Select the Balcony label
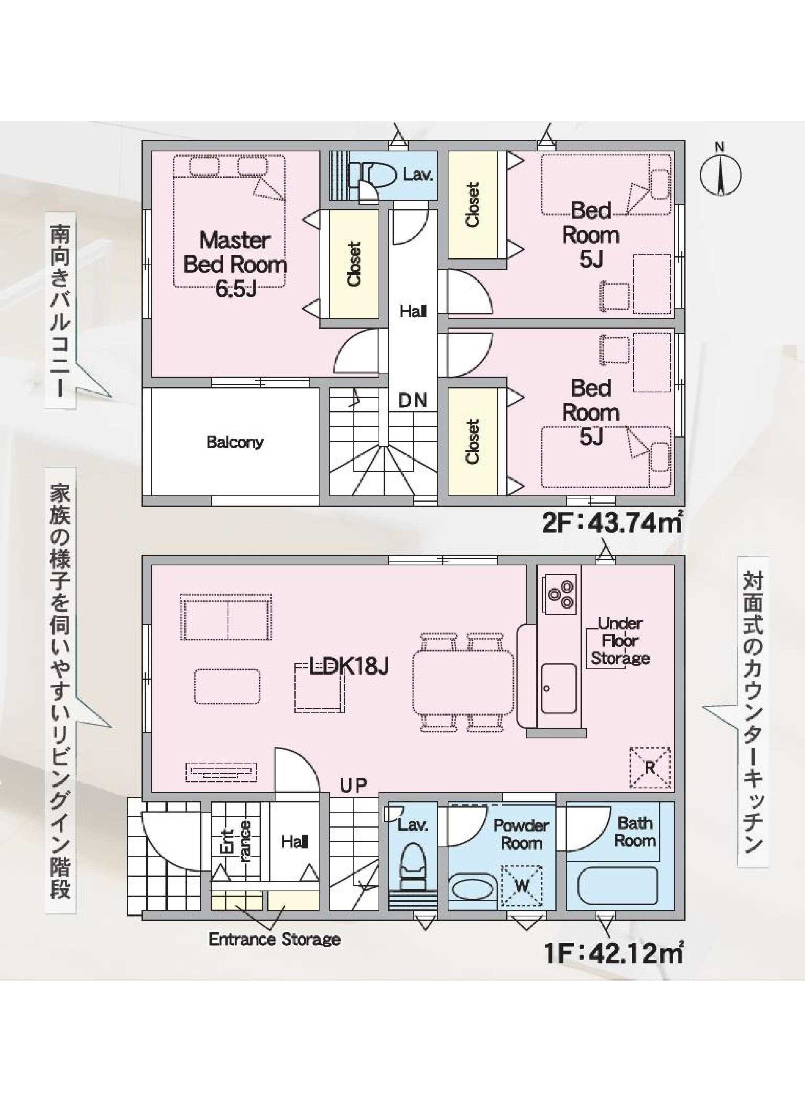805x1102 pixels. coord(235,443)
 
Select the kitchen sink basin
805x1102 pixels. coord(559,687)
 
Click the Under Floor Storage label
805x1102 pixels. coord(620,641)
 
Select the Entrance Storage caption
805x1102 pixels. coord(274,939)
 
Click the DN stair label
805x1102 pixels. coord(413,401)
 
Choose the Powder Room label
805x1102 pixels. coord(521,834)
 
